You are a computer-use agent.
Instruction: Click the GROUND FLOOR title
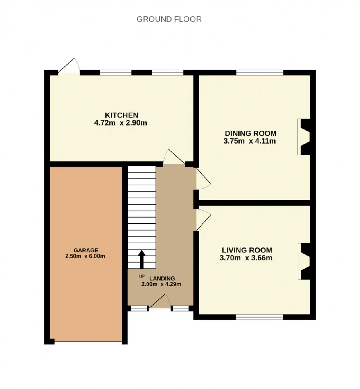click(x=169, y=19)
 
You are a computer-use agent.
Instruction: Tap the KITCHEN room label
click(x=121, y=115)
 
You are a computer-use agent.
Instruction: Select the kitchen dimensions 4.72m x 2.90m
click(x=121, y=123)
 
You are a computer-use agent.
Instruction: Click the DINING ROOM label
click(x=251, y=133)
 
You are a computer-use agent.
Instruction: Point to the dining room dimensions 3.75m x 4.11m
click(x=249, y=141)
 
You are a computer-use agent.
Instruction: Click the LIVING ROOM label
click(x=247, y=250)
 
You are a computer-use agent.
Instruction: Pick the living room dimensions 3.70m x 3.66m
click(x=246, y=258)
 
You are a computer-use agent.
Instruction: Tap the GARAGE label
click(x=86, y=250)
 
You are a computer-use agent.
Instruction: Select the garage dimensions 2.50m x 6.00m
click(x=85, y=256)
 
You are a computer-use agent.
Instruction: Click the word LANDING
click(x=162, y=278)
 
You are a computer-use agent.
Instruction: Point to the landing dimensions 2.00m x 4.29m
click(x=161, y=284)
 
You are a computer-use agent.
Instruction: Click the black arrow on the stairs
click(x=142, y=259)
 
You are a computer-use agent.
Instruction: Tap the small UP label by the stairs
click(x=142, y=276)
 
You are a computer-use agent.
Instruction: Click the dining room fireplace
click(x=304, y=137)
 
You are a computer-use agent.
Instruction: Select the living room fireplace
click(x=304, y=261)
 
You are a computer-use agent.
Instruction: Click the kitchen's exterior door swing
click(x=69, y=66)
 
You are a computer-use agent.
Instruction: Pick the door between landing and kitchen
click(x=174, y=157)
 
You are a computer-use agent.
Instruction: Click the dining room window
click(x=260, y=73)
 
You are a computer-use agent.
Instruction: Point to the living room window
click(x=260, y=317)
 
